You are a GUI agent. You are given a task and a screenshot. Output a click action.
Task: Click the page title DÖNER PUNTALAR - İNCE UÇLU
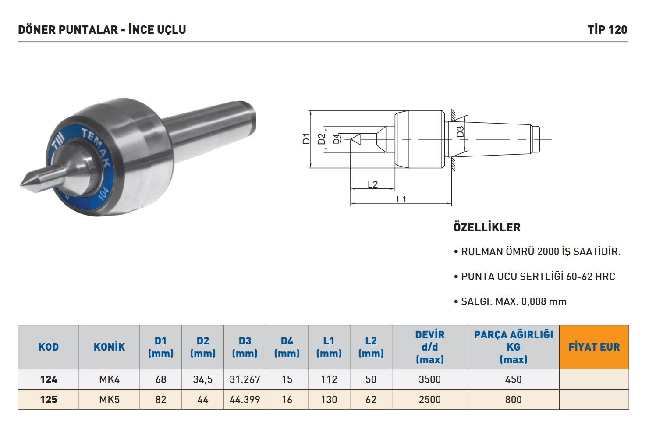(102, 30)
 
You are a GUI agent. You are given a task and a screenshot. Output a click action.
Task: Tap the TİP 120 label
(607, 30)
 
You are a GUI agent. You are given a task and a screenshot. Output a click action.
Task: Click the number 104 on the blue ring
(103, 194)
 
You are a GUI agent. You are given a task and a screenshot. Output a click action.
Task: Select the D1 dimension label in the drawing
(306, 139)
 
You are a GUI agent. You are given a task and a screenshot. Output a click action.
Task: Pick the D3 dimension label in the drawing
(460, 131)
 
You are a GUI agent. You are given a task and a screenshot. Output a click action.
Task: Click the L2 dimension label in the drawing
(372, 184)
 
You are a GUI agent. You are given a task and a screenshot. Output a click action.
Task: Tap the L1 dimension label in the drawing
(401, 199)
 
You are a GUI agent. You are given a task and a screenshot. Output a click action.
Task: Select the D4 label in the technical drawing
(337, 139)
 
